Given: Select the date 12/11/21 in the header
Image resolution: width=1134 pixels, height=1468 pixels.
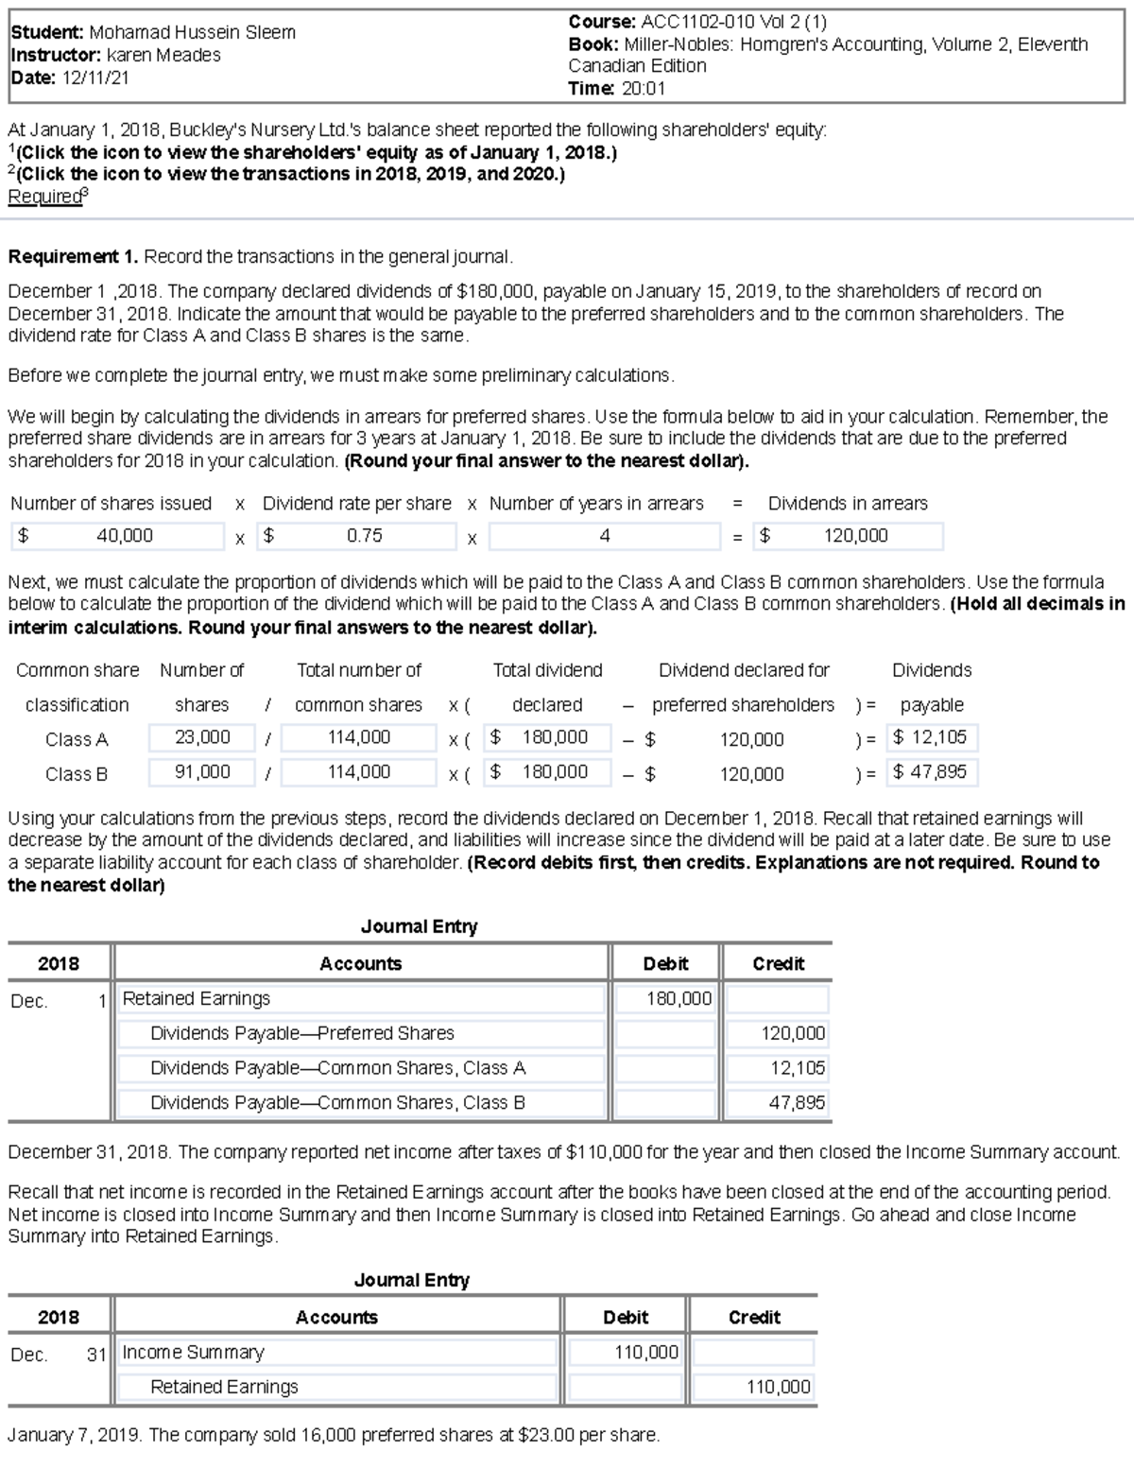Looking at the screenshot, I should point(95,78).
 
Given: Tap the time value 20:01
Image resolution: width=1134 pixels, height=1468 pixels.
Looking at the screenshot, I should point(644,89).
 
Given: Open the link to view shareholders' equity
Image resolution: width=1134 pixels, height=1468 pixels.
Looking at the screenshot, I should point(317,152).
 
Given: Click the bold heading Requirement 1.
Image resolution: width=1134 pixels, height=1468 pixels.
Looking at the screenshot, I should point(74,256).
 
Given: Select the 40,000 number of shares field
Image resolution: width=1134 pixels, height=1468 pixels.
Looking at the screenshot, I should point(119,536).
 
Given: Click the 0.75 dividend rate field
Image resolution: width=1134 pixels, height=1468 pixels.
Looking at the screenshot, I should point(363,536).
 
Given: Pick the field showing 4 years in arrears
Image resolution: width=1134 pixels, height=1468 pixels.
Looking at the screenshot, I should point(604,536).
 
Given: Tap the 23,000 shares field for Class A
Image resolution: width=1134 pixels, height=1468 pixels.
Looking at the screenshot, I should point(201,737).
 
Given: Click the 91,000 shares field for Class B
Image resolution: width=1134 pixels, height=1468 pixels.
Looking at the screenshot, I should point(201,772).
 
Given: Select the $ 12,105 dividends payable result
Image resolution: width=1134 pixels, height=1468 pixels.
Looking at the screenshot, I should point(933,737).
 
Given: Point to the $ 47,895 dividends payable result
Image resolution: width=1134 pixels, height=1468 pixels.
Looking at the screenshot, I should point(933,772).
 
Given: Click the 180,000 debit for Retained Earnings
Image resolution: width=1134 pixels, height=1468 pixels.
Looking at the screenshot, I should point(665,999).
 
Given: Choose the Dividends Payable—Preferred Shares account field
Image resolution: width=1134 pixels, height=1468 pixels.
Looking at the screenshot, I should point(360,1033).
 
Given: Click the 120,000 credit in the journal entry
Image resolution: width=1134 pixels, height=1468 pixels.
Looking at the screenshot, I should point(779,1033).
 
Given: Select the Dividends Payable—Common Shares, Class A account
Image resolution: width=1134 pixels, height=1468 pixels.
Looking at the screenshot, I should point(360,1068).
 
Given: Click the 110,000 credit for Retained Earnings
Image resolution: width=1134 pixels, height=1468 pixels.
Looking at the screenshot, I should point(753,1387).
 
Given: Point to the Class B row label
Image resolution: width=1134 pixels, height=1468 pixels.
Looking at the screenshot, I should point(77,773).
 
